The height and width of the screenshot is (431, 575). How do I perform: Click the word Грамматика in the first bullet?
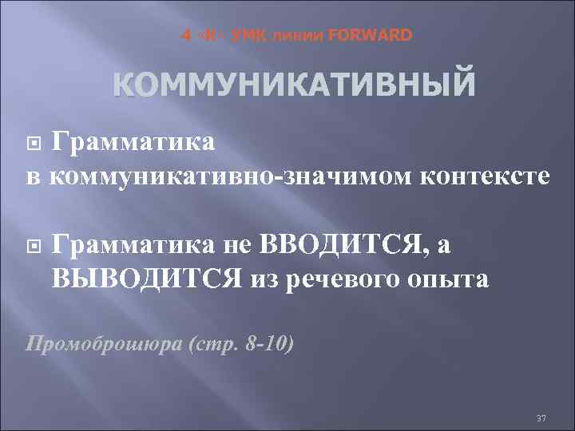coord(133,142)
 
